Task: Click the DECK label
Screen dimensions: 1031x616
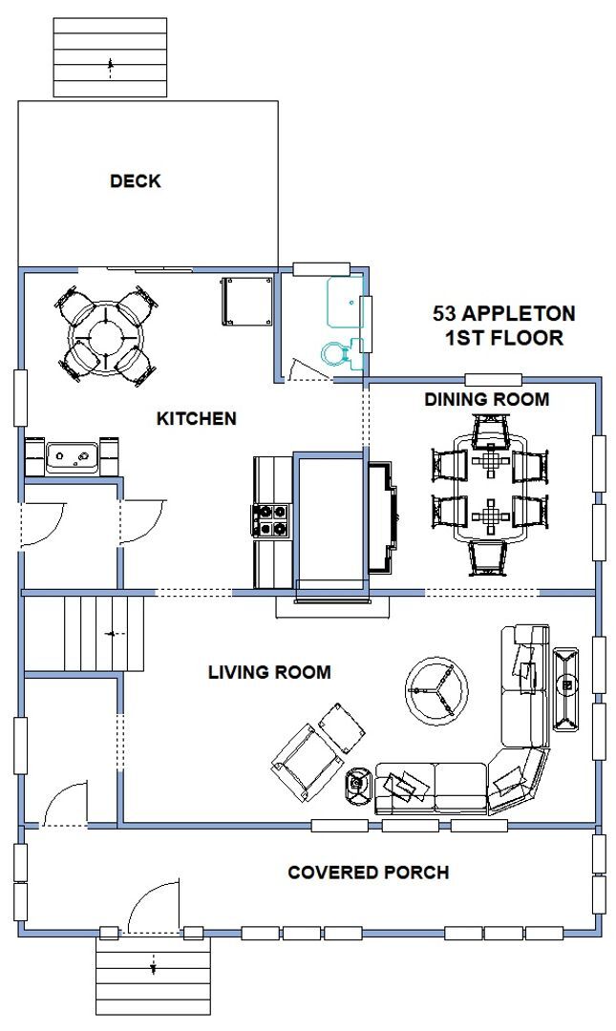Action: (135, 180)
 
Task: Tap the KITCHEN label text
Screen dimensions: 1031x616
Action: (197, 418)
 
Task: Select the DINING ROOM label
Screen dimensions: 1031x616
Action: (486, 399)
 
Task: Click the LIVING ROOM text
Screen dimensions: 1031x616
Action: (269, 672)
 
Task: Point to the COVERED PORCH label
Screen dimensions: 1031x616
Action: (368, 872)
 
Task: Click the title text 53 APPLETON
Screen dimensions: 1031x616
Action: (504, 313)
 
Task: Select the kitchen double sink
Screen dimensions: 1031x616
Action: (73, 458)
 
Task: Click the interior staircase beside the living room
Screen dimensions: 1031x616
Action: (85, 633)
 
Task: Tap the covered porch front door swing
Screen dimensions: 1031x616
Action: (153, 907)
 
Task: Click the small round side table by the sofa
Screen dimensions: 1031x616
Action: (359, 785)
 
